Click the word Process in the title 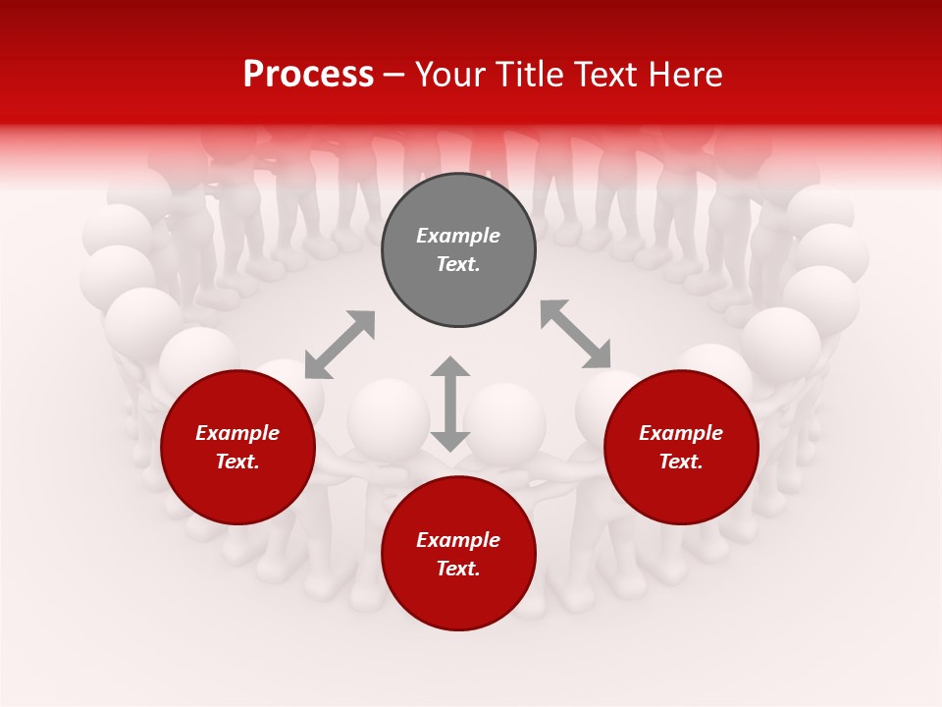[x=308, y=75]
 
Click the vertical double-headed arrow [x=450, y=404]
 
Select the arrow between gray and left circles [x=340, y=345]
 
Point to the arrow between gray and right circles [x=575, y=334]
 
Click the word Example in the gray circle [x=458, y=236]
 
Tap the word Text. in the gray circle [x=458, y=264]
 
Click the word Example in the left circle [x=237, y=433]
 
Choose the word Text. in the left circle [x=237, y=462]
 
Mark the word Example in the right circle [x=681, y=433]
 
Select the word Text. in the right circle [x=681, y=462]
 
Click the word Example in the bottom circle [x=458, y=540]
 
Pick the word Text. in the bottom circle [x=458, y=569]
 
